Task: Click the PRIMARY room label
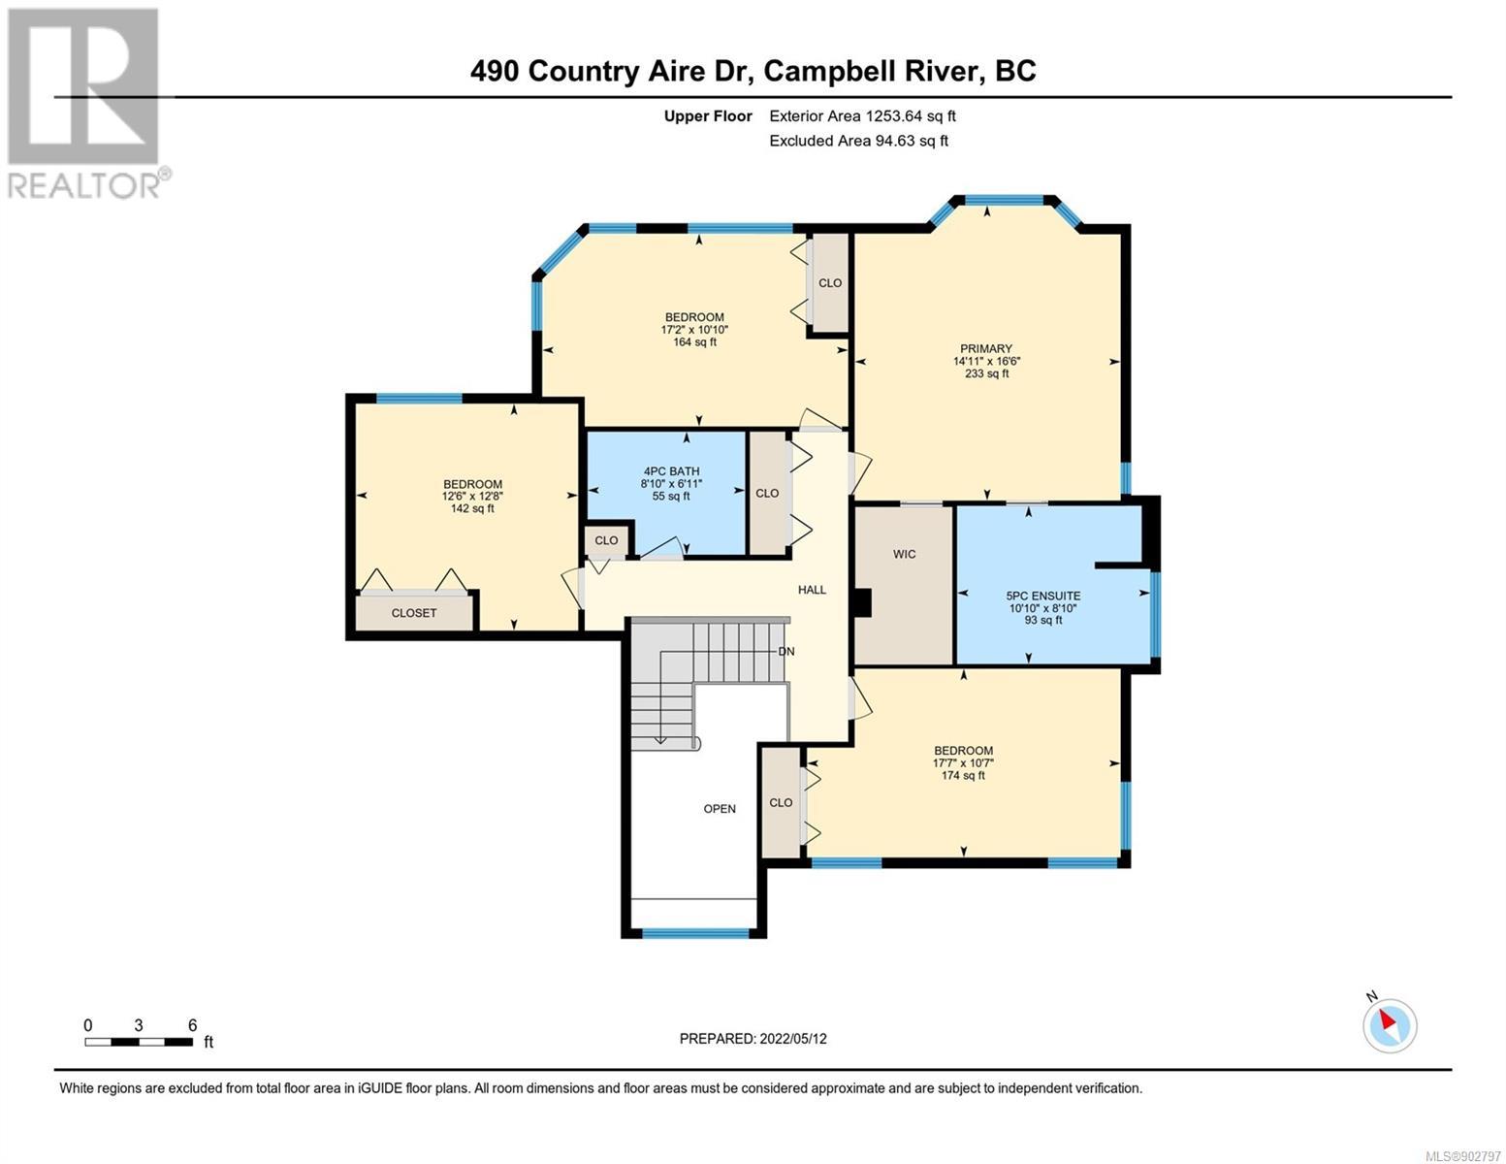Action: click(985, 348)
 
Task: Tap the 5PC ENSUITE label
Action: click(1043, 596)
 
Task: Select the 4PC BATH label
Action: click(671, 471)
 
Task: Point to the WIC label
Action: click(905, 554)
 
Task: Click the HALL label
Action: click(812, 590)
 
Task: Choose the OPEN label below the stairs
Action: click(720, 808)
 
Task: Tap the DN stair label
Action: click(785, 652)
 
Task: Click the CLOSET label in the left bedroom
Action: click(414, 613)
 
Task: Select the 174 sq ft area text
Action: click(963, 775)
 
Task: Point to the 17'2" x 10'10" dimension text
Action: click(694, 330)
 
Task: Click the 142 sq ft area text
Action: click(472, 508)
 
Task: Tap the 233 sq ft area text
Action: click(987, 373)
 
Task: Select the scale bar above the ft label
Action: click(139, 1041)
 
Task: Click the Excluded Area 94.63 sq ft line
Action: click(858, 141)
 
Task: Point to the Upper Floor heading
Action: click(708, 116)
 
